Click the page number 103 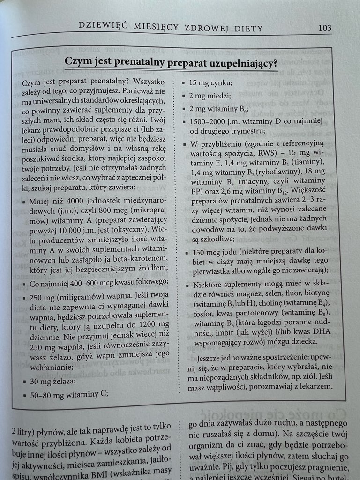(x=325, y=28)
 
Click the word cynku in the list (x=221, y=82)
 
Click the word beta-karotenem (x=140, y=258)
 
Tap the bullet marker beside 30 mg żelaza (x=24, y=382)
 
